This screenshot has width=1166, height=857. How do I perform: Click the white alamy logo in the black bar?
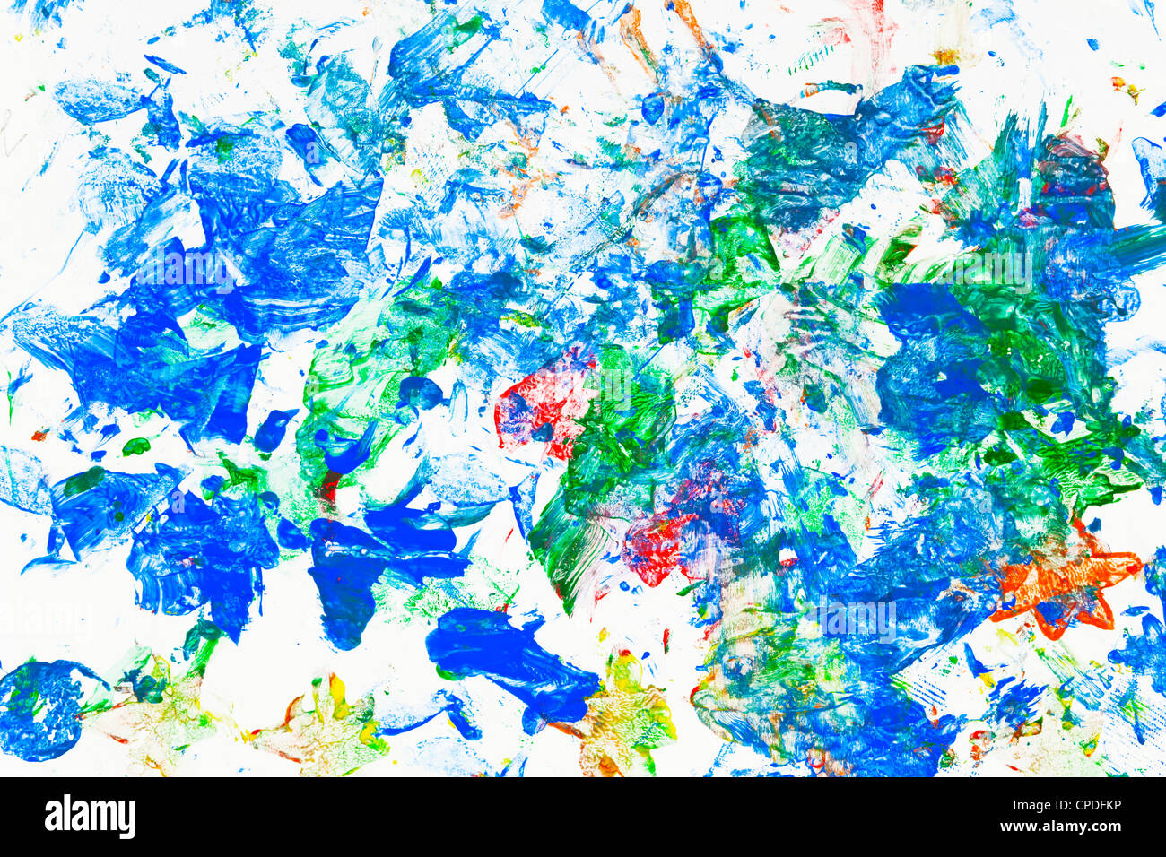(90, 817)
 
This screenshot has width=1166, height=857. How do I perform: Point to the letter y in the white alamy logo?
(127, 819)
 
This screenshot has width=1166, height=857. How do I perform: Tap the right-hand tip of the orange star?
(1137, 565)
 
